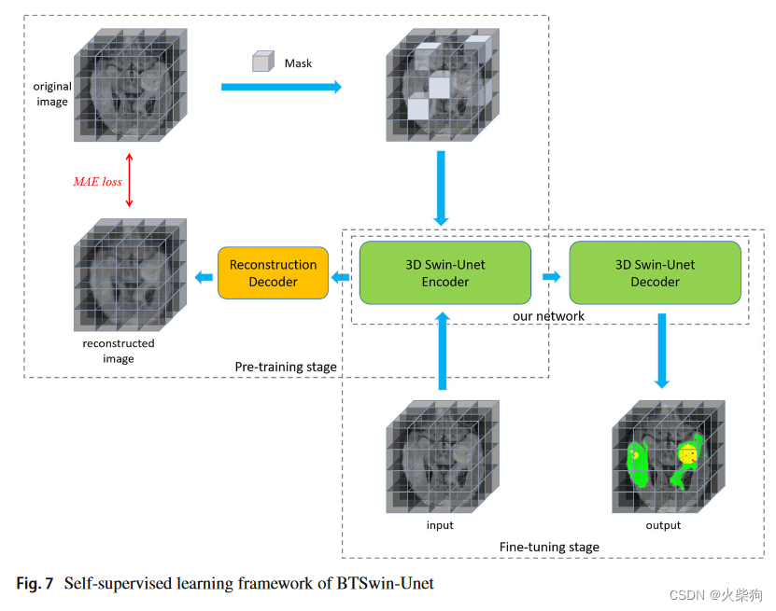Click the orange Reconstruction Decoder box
tap(273, 272)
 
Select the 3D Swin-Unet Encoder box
tap(444, 272)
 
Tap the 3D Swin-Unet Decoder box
tap(655, 272)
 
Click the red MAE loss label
tap(98, 182)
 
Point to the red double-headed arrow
tap(130, 181)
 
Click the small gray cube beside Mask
tap(261, 63)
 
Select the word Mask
tap(298, 63)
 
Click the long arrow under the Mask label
tap(281, 87)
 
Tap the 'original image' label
tap(52, 94)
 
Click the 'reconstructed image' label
tap(119, 351)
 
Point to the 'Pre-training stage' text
tap(286, 368)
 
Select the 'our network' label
tap(548, 316)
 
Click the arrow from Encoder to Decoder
tap(551, 276)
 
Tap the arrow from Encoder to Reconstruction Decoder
tap(342, 276)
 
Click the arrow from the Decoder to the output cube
tap(662, 350)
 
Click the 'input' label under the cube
tap(440, 525)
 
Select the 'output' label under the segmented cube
tap(663, 525)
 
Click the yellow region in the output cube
tap(688, 454)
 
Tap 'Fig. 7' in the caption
tap(35, 584)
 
